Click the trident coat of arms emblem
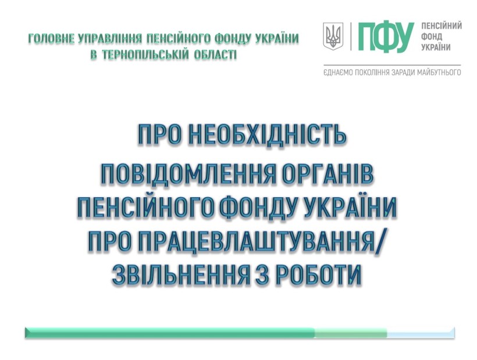tap(333, 36)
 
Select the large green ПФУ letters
tap(386, 37)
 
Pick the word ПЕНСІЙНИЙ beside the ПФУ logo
tap(442, 26)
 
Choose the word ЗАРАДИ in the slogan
tap(396, 72)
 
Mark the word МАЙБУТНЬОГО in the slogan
tap(435, 72)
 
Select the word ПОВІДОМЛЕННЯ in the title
tap(188, 174)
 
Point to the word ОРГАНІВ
tap(328, 174)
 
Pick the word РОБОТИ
tap(318, 275)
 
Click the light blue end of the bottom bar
tap(421, 333)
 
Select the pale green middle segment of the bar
tap(351, 333)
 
